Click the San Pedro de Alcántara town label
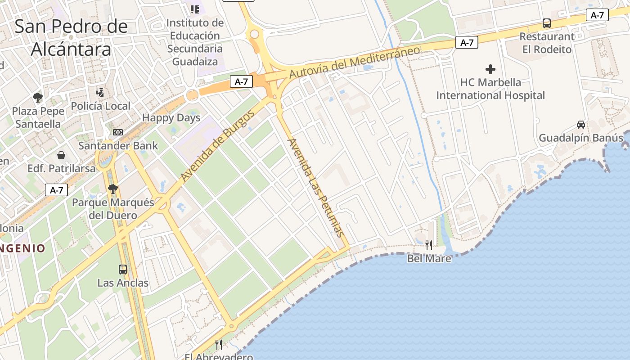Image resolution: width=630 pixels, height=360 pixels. [x=71, y=37]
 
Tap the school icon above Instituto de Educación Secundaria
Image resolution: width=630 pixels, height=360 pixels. [x=195, y=9]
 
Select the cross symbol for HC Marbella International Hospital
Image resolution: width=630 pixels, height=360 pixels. [x=490, y=69]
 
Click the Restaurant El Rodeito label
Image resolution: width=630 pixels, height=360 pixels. [x=547, y=43]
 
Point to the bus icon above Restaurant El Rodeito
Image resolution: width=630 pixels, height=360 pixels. [x=547, y=23]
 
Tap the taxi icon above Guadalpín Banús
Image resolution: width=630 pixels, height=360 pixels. [x=581, y=125]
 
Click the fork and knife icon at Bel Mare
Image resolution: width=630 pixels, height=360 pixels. [x=429, y=245]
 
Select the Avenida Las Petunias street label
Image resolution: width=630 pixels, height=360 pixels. [x=315, y=187]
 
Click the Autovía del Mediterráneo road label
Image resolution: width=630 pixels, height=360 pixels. [x=355, y=62]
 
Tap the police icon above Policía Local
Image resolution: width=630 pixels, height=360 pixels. [x=100, y=93]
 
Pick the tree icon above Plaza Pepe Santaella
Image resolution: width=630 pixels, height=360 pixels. [x=38, y=97]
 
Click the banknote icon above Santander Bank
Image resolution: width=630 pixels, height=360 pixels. [x=118, y=132]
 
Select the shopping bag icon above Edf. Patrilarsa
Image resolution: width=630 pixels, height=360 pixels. [x=61, y=155]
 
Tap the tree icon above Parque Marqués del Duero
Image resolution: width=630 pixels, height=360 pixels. [x=112, y=189]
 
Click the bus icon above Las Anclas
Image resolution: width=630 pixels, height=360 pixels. [x=123, y=270]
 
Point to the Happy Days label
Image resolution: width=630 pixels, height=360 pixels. [x=171, y=118]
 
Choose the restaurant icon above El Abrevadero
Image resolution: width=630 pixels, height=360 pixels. [x=219, y=345]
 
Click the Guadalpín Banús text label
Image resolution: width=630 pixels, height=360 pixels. [x=581, y=138]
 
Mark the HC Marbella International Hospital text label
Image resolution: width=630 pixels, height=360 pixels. [x=490, y=89]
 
